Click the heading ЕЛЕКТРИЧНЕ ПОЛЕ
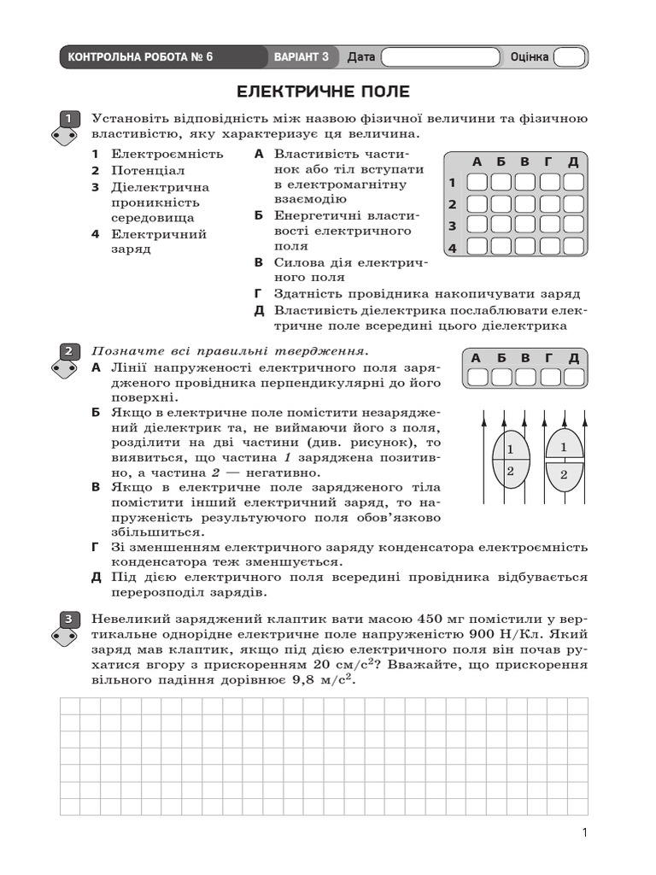pos(323,91)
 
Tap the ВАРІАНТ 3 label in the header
pos(301,57)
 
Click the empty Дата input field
pos(440,57)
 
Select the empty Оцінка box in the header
pos(569,57)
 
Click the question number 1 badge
pos(68,119)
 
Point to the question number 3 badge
pos(68,619)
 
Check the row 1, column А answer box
pos(477,182)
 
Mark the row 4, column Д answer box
pos(573,247)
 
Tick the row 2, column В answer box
pos(525,204)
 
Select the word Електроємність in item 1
pos(167,154)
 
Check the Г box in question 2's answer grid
pos(549,377)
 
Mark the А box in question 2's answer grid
pos(477,377)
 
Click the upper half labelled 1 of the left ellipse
pos(510,449)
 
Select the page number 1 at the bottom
pos(583,833)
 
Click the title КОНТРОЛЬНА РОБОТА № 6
pos(140,57)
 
